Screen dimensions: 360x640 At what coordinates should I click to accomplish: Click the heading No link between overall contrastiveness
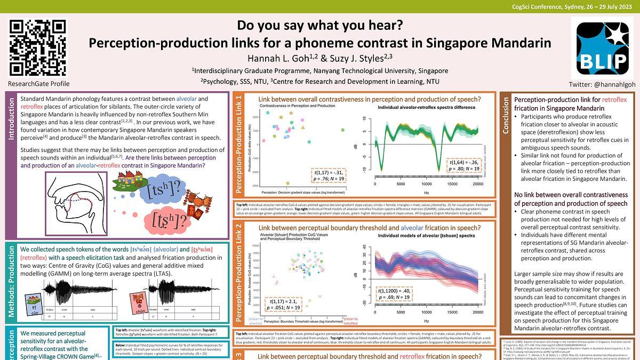571,199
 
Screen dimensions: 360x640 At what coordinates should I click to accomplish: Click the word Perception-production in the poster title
149,43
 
